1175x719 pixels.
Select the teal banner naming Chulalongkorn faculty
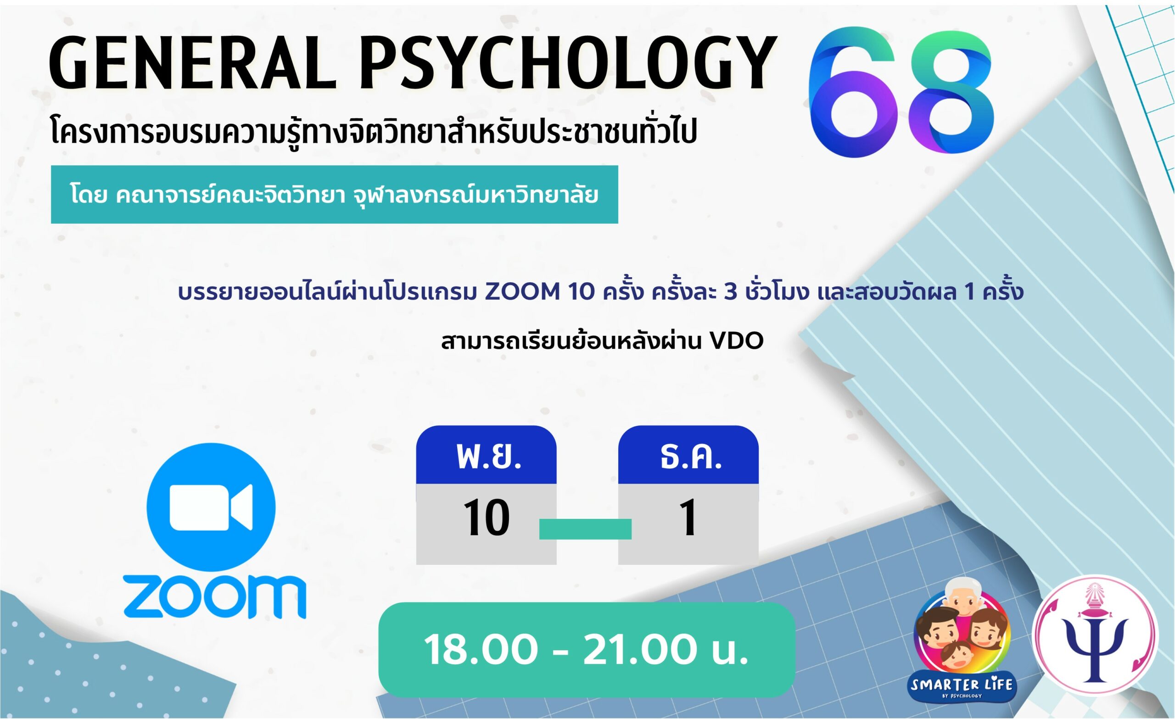pyautogui.click(x=334, y=195)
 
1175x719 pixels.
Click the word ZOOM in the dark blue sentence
pyautogui.click(x=522, y=292)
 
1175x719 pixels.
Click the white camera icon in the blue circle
pyautogui.click(x=211, y=507)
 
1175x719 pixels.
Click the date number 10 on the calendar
pyautogui.click(x=486, y=518)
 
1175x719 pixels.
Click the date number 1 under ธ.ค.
pyautogui.click(x=688, y=518)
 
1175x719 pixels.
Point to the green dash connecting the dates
pyautogui.click(x=585, y=529)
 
